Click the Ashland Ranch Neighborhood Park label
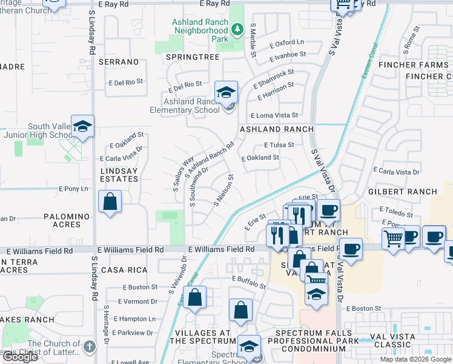pos(200,29)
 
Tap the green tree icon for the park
pos(238,29)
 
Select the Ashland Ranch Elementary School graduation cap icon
pos(226,92)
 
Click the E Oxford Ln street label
pos(286,42)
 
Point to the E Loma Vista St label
pos(274,115)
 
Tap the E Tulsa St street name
pos(279,145)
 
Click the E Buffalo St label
pos(248,281)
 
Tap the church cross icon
pos(89,346)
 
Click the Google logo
pos(20,357)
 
